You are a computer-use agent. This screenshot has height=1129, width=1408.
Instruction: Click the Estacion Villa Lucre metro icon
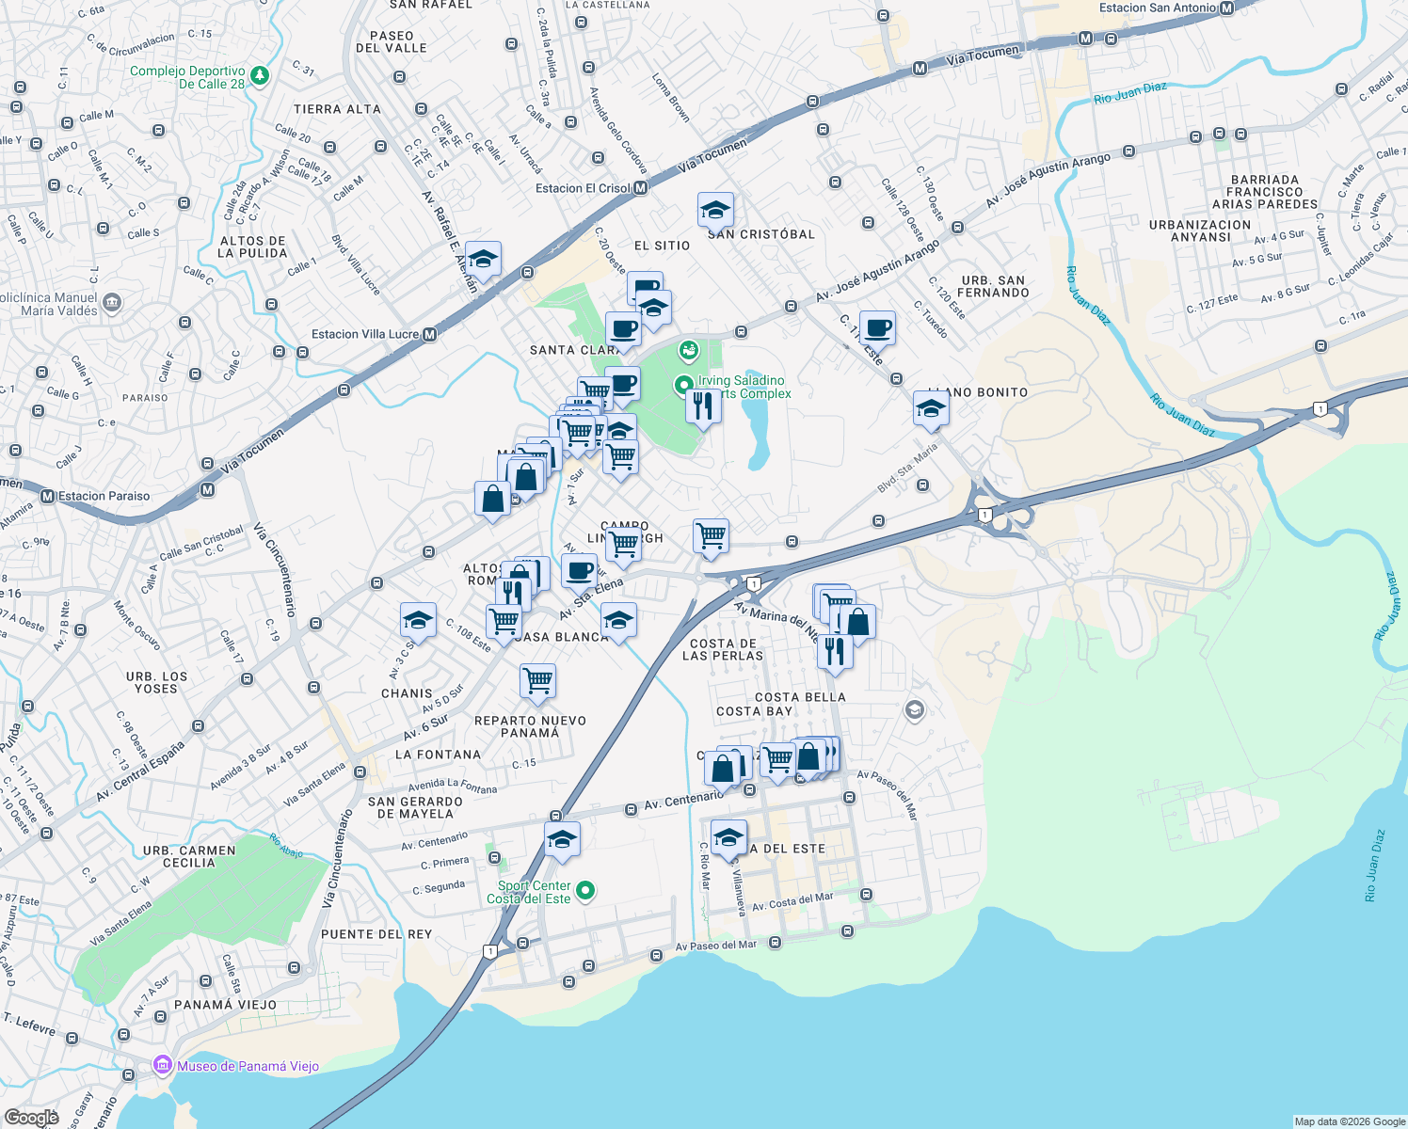point(429,334)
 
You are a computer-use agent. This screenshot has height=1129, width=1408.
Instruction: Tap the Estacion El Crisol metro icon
point(640,188)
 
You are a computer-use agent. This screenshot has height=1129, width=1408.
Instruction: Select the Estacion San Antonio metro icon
point(1226,8)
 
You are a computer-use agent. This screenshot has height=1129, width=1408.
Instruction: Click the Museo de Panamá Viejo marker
point(162,1066)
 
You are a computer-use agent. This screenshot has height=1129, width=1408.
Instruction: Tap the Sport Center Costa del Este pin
point(585,890)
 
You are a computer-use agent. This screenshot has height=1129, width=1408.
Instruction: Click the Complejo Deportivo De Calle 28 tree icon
point(260,75)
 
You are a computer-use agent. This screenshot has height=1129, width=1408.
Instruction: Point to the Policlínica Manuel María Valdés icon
point(112,302)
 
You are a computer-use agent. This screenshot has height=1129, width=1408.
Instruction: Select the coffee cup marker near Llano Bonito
point(877,328)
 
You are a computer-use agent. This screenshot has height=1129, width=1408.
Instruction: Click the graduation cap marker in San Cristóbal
point(715,210)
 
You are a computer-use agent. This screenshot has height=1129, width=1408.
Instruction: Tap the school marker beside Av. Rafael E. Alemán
point(483,260)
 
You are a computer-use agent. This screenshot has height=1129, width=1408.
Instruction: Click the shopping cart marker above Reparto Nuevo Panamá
point(537,681)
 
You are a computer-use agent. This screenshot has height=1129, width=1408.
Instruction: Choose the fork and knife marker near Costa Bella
point(835,650)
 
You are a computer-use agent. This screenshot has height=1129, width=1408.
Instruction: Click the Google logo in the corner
point(32,1118)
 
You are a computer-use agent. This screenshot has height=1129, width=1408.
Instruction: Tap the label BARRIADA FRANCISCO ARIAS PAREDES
point(1264,192)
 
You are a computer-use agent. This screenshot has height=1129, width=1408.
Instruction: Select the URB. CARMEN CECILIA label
point(189,856)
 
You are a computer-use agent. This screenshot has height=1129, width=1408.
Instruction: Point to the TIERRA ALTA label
point(337,109)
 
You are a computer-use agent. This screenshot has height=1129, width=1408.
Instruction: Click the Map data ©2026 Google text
point(1349,1121)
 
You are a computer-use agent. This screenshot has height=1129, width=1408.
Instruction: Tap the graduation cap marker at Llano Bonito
point(930,409)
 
